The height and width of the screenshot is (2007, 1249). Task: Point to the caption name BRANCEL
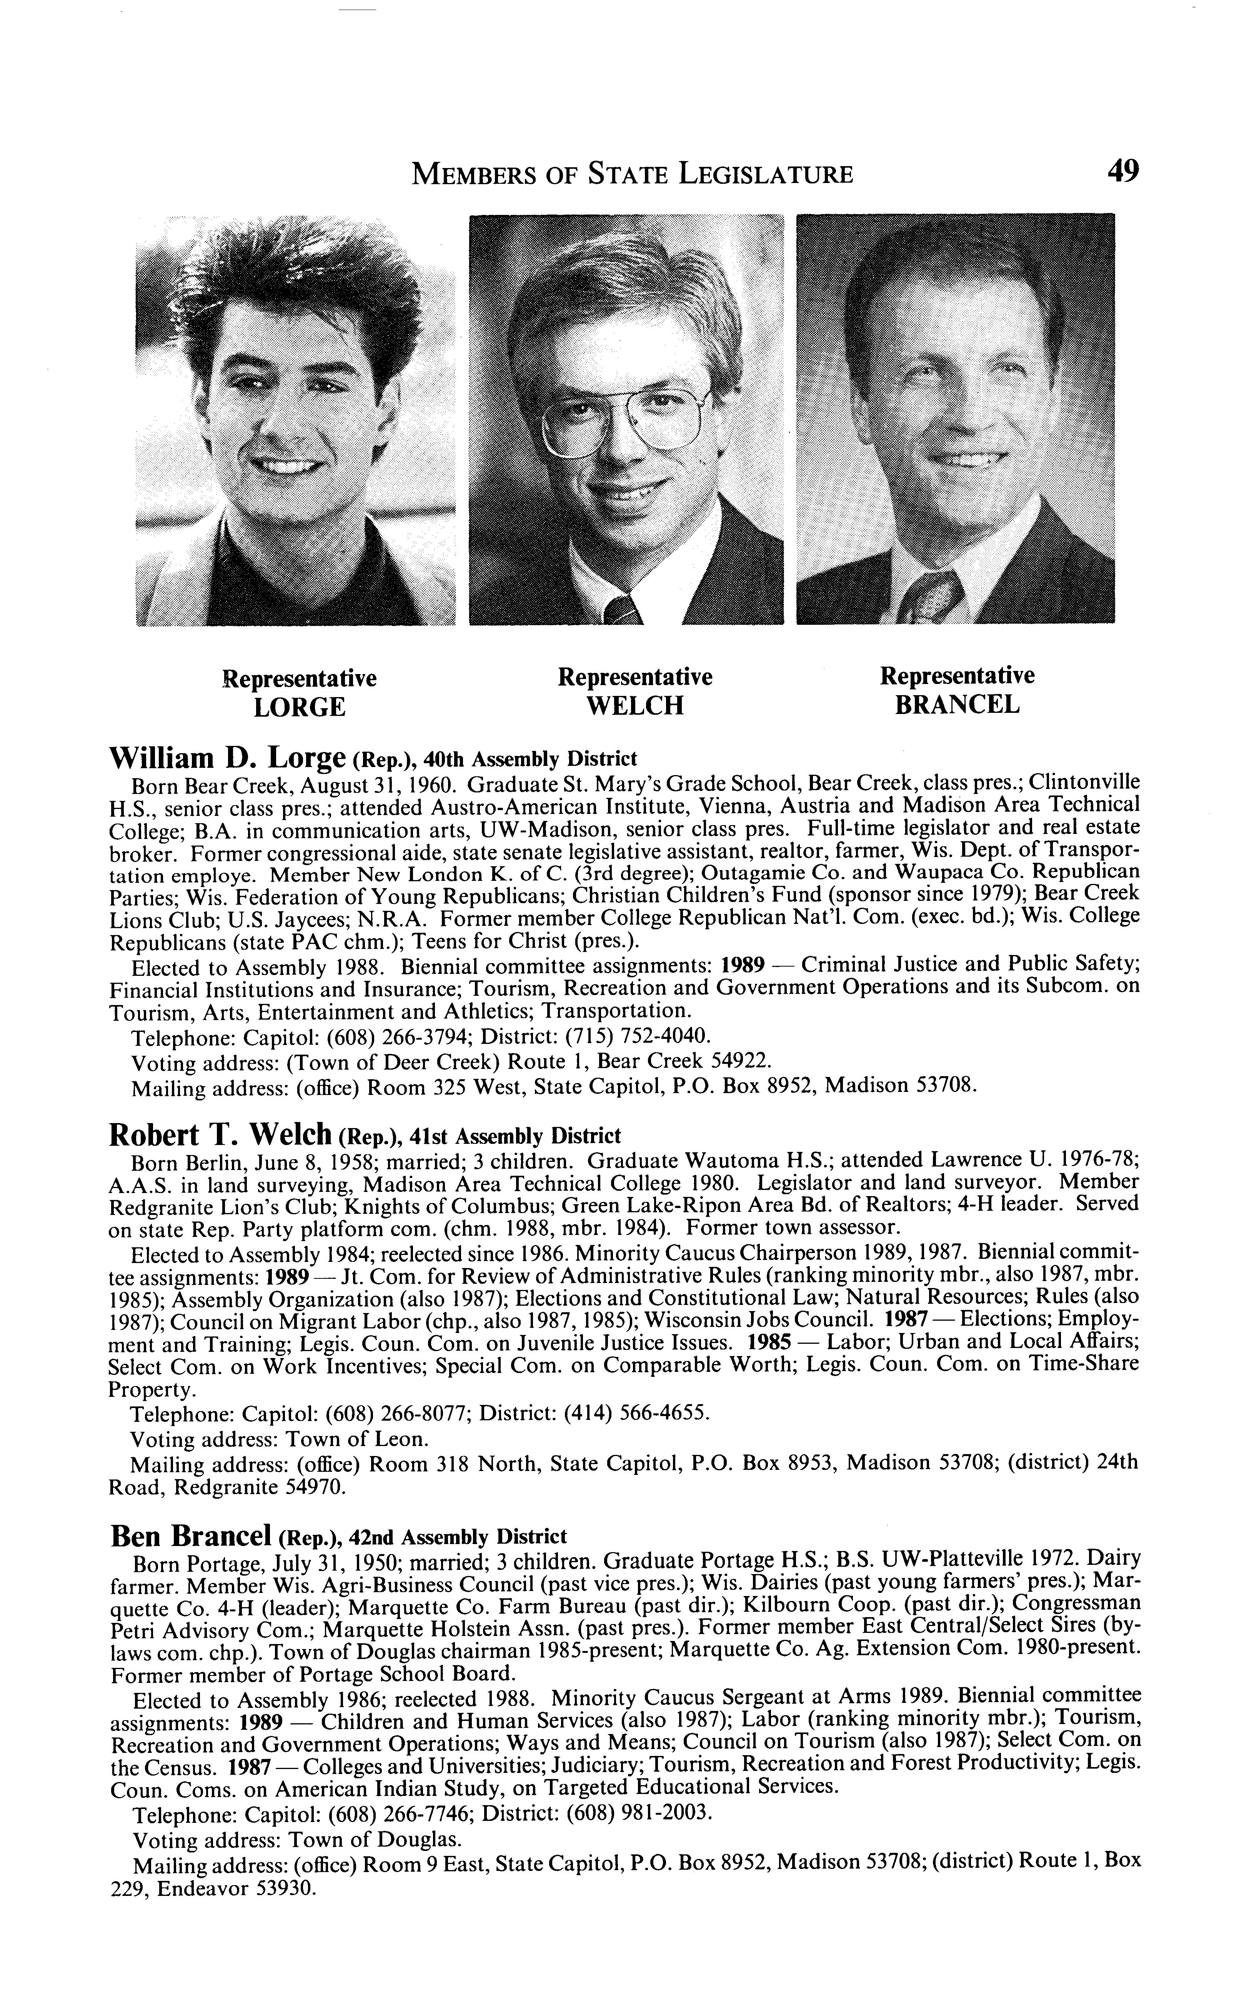tap(958, 706)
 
